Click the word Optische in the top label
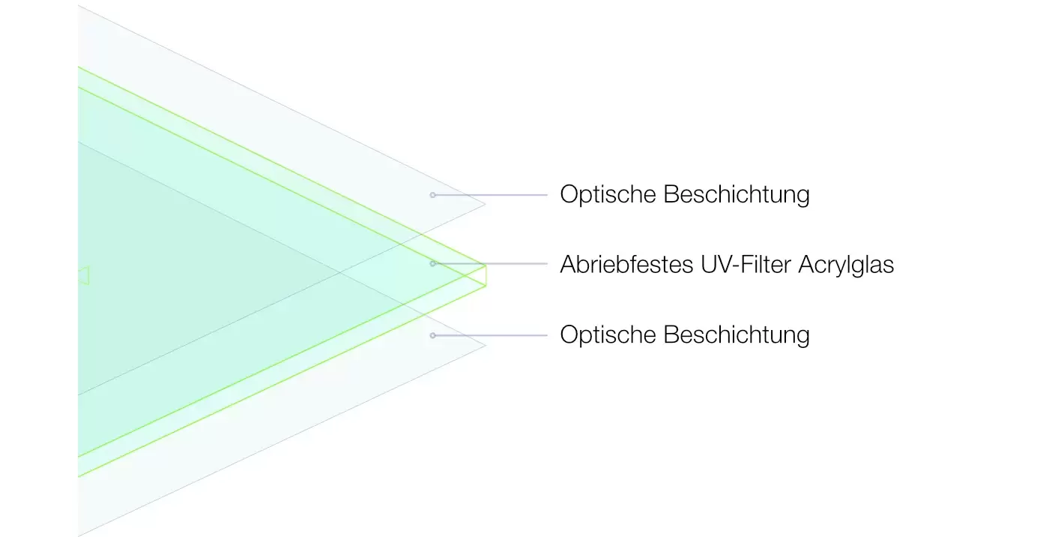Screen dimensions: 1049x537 (x=608, y=194)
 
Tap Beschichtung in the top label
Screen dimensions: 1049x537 (x=737, y=194)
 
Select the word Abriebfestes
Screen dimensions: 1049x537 (x=626, y=264)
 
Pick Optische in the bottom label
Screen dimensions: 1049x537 (x=608, y=334)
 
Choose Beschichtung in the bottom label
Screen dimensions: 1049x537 (x=737, y=334)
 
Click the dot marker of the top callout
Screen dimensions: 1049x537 (x=433, y=195)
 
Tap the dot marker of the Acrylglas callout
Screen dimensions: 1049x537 (x=433, y=264)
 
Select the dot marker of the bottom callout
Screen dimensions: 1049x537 (x=433, y=335)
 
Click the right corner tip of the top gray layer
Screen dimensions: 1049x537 (x=486, y=204)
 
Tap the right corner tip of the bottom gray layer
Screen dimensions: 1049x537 (x=486, y=346)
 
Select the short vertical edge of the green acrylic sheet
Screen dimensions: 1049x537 (x=486, y=275)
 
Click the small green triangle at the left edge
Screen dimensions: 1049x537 (x=83, y=275)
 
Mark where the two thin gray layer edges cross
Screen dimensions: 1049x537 (x=340, y=271)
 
